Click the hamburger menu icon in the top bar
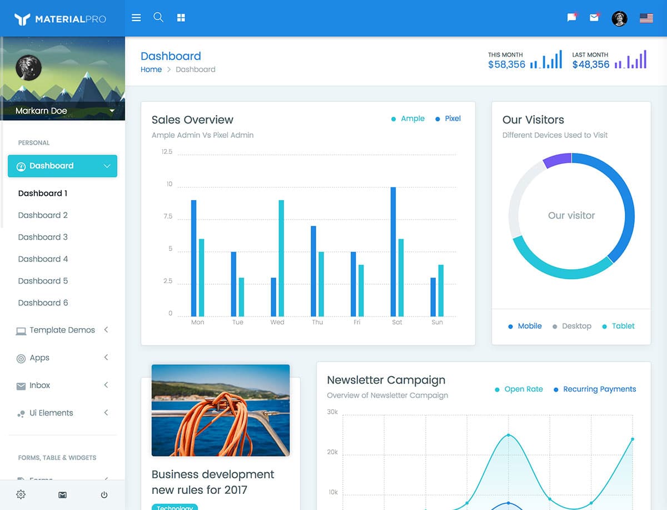[136, 18]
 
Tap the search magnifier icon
[158, 17]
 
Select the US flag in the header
[646, 18]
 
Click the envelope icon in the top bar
[594, 18]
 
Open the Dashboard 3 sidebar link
[43, 237]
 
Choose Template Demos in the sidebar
[62, 330]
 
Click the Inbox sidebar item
[39, 385]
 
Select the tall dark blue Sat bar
[393, 252]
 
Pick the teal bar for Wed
[281, 258]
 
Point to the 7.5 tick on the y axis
[167, 216]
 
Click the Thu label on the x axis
[317, 323]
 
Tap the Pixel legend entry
[452, 118]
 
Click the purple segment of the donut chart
[557, 160]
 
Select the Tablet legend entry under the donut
[623, 326]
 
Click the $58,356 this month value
[506, 65]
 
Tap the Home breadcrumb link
[151, 70]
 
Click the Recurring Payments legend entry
[599, 389]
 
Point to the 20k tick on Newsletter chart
[332, 452]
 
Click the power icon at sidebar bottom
[104, 494]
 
